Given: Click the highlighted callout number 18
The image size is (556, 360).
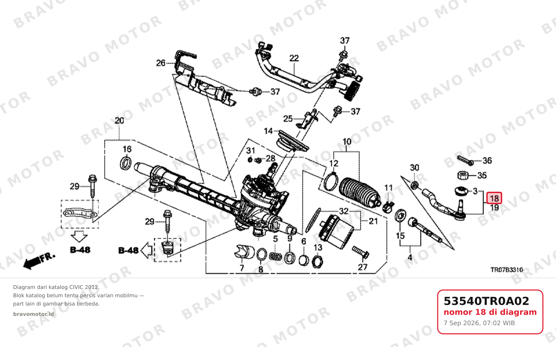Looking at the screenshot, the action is pos(494,198).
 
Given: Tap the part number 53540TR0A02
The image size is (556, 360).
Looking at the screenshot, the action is pos(486,301).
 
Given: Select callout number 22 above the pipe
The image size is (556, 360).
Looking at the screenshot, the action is pos(294,58).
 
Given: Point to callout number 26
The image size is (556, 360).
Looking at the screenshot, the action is pos(161,63).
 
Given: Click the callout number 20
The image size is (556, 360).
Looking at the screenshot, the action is pos(119,121).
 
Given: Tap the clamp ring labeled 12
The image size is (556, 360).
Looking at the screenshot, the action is pos(331,182).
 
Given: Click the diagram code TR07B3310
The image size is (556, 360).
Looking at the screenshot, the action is pos(507,270).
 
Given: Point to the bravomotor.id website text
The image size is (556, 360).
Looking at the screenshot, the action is pos(33,314).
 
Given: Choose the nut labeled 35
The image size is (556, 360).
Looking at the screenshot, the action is pos(463,176).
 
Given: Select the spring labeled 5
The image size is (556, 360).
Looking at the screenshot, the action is pos(275,257).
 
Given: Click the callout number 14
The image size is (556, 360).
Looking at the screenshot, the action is pos(268,131).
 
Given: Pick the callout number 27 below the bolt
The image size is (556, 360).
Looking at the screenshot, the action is pos(363,267).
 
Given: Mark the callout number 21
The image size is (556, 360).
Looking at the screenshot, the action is pos(373,221).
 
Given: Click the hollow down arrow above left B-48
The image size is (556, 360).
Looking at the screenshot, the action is pos(79,237).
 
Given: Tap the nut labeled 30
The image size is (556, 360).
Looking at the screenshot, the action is pos(414,185).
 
